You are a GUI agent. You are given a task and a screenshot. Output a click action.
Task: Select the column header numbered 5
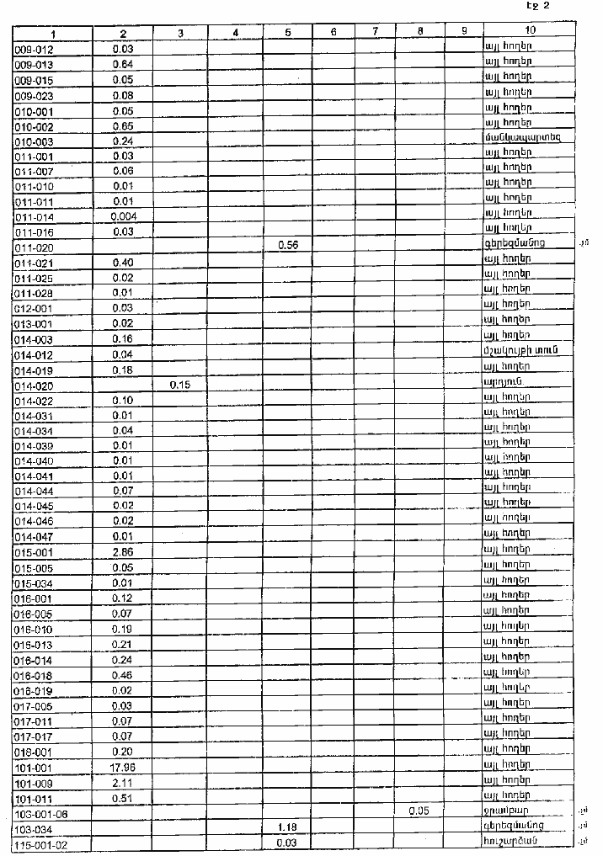[x=288, y=33]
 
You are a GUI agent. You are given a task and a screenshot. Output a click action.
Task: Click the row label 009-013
[x=35, y=64]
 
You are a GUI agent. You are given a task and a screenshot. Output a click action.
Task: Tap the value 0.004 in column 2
[x=123, y=215]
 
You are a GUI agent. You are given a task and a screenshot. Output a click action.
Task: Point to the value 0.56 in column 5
[x=288, y=244]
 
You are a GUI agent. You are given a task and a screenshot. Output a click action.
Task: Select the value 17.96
[x=123, y=767]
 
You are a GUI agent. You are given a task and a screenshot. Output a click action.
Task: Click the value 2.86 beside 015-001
[x=123, y=552]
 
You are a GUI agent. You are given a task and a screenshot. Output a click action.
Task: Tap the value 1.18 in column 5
[x=288, y=827]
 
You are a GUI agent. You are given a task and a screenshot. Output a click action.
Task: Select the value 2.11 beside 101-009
[x=123, y=782]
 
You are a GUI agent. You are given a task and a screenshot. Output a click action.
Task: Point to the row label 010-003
[x=35, y=141]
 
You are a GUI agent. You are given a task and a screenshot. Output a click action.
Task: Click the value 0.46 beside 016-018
[x=123, y=674]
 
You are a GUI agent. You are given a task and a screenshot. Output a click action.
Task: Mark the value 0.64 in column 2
[x=123, y=64]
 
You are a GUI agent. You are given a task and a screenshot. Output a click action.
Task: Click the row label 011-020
[x=35, y=247]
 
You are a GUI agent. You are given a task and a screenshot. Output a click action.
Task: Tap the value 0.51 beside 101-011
[x=123, y=797]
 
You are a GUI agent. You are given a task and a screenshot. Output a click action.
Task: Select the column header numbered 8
[x=419, y=33]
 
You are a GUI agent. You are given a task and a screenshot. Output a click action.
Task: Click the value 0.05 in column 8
[x=419, y=811]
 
